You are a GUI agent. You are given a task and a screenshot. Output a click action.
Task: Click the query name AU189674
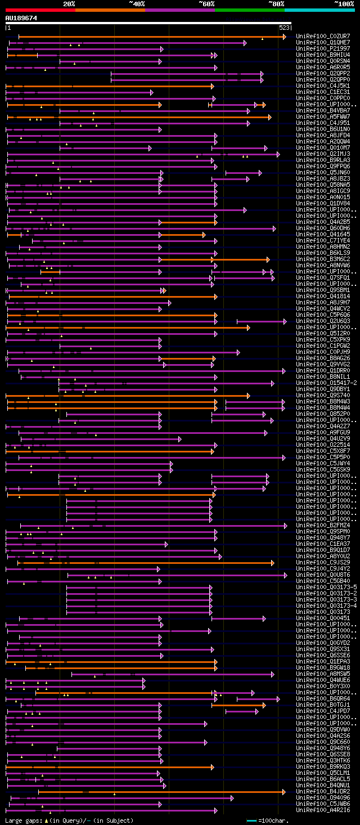tap(21, 18)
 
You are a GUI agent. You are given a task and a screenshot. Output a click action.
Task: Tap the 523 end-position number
tap(284, 28)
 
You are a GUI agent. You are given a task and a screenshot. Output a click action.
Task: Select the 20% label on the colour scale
tap(69, 4)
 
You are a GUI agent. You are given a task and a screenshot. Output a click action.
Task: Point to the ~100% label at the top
tap(344, 4)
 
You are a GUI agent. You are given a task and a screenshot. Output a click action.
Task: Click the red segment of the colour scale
tap(40, 10)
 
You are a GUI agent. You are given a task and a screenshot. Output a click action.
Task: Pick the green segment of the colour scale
tap(249, 10)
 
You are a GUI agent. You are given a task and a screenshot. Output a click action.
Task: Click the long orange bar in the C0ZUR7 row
tap(152, 37)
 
